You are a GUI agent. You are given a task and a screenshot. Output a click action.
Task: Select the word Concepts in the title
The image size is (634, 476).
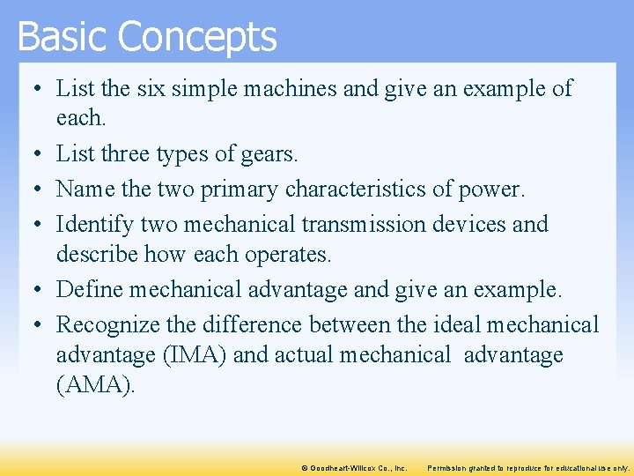[197, 37]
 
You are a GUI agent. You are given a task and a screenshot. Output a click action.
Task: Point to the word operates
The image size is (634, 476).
[286, 255]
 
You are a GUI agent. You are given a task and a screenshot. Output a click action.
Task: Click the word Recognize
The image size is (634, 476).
[105, 324]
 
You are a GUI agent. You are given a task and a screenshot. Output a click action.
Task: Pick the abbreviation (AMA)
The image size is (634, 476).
[95, 386]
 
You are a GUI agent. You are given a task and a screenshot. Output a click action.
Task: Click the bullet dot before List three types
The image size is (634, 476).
[30, 155]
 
